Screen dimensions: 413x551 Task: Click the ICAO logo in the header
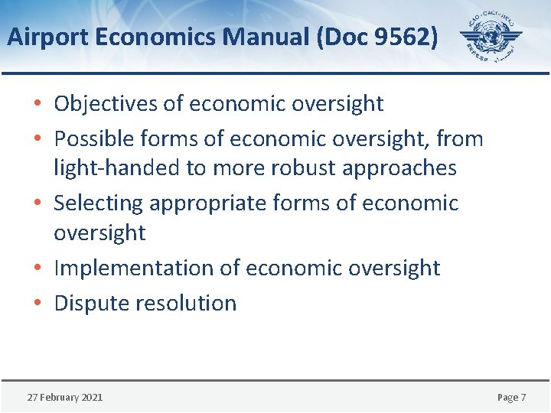coord(490,37)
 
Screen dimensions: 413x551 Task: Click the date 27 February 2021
coord(65,397)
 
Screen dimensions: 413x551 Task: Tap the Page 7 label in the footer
coord(511,397)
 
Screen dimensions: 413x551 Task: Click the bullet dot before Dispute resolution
coord(38,303)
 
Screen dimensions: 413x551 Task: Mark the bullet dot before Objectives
coord(38,103)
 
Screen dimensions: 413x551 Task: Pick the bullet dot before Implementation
coord(38,268)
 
